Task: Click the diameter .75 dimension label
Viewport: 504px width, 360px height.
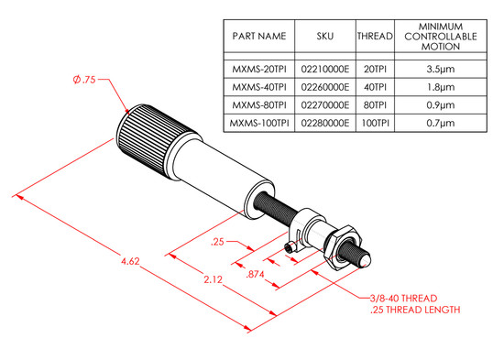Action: click(84, 79)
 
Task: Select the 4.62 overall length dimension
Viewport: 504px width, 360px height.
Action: click(130, 261)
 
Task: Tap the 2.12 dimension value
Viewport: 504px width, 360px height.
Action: click(213, 279)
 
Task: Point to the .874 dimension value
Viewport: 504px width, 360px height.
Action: click(255, 274)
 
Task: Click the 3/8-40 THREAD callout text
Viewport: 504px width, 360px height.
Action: click(403, 299)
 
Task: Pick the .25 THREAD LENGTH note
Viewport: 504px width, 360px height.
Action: click(415, 310)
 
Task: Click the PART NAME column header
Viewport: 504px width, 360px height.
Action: click(259, 36)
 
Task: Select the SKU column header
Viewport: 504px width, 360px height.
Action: click(325, 36)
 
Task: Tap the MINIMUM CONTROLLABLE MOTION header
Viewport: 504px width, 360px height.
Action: click(441, 37)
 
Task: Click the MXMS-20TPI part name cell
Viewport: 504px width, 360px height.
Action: click(259, 69)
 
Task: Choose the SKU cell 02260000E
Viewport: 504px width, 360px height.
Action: click(325, 87)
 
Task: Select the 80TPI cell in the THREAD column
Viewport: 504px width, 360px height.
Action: click(375, 105)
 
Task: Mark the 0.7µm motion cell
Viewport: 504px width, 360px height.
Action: click(441, 123)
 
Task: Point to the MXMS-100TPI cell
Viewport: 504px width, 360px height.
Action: click(259, 123)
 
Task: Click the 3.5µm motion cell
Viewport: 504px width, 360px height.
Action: click(441, 69)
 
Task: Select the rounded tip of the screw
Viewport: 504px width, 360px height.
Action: click(366, 261)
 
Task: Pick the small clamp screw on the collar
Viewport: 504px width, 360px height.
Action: click(290, 248)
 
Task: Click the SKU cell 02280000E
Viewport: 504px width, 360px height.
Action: click(325, 123)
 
